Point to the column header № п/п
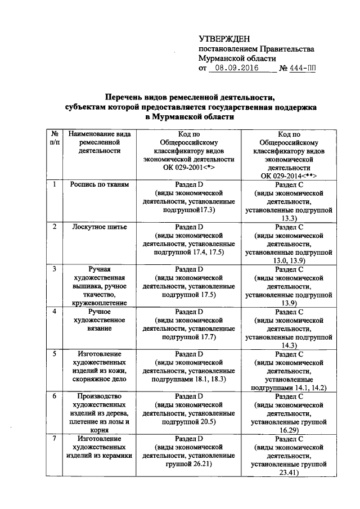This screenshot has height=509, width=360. (x=55, y=139)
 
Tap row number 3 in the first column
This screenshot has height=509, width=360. (x=55, y=269)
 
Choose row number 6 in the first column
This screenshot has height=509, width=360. (x=55, y=396)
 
